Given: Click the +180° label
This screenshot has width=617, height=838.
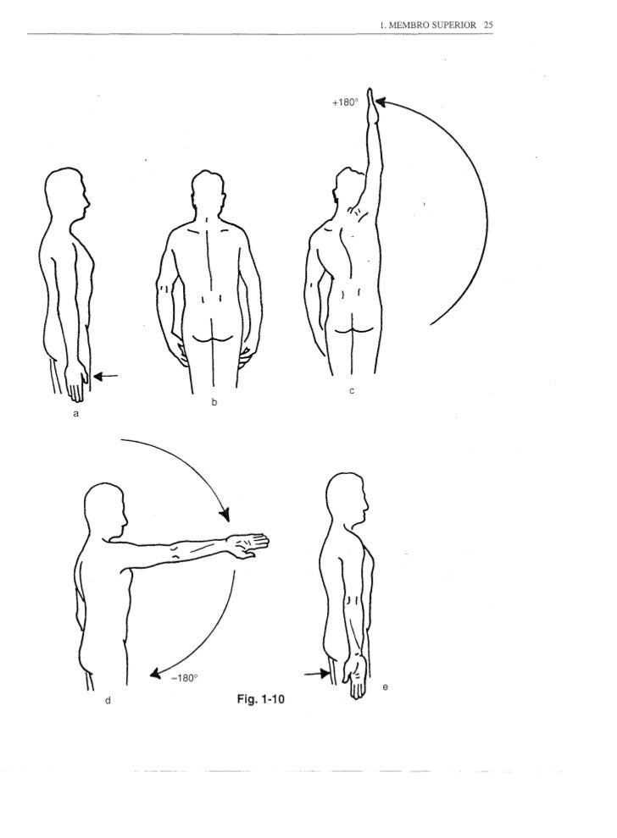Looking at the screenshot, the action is tap(345, 102).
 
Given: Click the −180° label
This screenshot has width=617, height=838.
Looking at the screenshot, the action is tap(184, 678).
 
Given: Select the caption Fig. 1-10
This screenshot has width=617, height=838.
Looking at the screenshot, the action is tap(260, 698).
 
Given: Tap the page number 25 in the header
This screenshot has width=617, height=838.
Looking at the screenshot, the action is tap(487, 25).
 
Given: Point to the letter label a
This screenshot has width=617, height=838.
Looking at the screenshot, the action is tap(76, 413).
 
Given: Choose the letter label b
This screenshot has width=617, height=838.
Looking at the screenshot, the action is tap(214, 402).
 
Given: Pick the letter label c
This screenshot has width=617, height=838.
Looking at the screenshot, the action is tap(352, 391).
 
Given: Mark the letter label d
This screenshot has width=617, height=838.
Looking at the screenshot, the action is tap(108, 699).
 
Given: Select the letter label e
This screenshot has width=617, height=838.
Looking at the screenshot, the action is tap(385, 686).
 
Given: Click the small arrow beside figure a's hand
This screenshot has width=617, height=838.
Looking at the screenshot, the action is tap(105, 376).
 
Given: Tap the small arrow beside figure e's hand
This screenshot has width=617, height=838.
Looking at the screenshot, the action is tap(317, 674).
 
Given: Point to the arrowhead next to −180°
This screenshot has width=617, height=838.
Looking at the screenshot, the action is tap(156, 674).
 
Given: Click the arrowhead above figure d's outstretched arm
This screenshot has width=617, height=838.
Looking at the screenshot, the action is tap(225, 514).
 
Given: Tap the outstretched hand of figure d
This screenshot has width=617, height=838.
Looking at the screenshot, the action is tap(249, 545).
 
